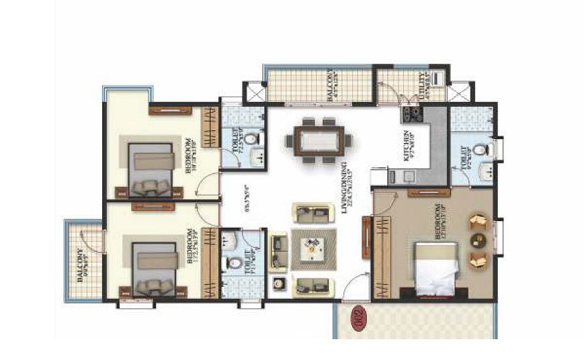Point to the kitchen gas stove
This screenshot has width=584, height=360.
point(411,116)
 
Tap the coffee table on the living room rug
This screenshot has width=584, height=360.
point(313,249)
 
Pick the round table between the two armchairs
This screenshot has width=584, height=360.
point(478,240)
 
